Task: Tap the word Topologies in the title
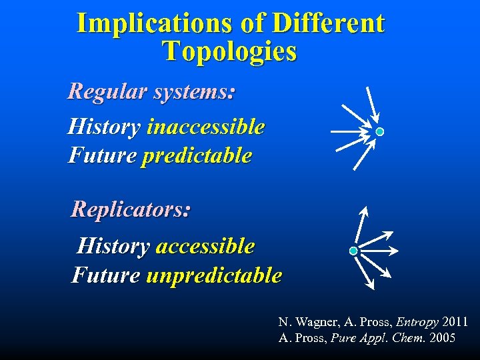tap(229, 51)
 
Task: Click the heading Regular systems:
tap(151, 91)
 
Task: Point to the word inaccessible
tap(205, 127)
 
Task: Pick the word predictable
tap(197, 156)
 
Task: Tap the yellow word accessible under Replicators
tap(205, 247)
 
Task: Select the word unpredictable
tap(213, 275)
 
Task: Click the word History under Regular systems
tap(103, 127)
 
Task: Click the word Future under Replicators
tap(106, 275)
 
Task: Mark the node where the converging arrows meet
tap(379, 132)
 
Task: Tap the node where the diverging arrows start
tap(353, 251)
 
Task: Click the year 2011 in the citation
tap(455, 323)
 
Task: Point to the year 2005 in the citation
tap(443, 338)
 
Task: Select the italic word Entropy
tap(417, 323)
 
